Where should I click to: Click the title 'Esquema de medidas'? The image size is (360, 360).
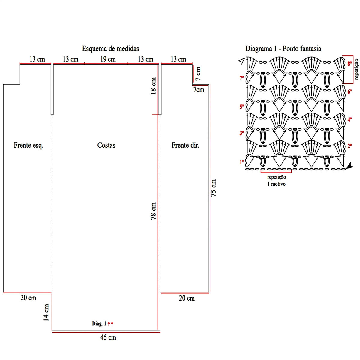tap(110, 49)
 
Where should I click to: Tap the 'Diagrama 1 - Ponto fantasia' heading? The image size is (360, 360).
tap(283, 49)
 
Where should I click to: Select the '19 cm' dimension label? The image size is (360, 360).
tap(108, 59)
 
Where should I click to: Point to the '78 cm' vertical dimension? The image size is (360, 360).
tap(153, 211)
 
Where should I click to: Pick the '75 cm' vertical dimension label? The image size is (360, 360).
tap(213, 188)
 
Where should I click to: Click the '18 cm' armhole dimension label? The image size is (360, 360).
tap(153, 86)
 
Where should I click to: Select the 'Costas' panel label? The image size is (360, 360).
tap(106, 145)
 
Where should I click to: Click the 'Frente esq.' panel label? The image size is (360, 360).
tap(28, 145)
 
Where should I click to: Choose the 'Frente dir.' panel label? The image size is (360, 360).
tap(185, 145)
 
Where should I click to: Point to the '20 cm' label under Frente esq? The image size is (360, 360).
tap(28, 298)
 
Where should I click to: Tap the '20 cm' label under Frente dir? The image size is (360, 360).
tap(187, 298)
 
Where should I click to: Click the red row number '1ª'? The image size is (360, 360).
tap(242, 162)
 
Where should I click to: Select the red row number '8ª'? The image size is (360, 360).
tap(349, 64)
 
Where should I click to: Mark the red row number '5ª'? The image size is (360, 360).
tap(242, 107)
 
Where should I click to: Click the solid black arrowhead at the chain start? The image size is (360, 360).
tap(350, 166)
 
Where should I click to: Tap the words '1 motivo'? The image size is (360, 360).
tap(277, 184)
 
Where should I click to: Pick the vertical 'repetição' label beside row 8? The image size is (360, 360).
tap(356, 69)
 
